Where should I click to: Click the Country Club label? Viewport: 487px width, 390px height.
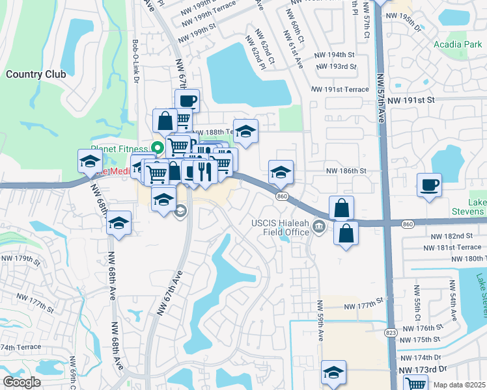click(36, 74)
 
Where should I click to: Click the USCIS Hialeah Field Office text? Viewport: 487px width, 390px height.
click(280, 227)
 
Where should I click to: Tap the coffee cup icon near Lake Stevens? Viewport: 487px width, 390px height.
click(429, 185)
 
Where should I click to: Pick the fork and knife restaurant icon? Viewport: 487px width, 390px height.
click(204, 171)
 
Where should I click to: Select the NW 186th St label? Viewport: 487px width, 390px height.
click(347, 170)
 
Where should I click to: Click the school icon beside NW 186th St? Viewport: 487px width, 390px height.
click(281, 172)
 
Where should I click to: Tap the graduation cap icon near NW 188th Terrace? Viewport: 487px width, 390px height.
click(245, 131)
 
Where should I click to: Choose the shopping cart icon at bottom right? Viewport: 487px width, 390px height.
click(415, 383)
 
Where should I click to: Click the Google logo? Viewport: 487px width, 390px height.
click(21, 382)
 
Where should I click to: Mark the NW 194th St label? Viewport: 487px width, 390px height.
click(334, 55)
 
